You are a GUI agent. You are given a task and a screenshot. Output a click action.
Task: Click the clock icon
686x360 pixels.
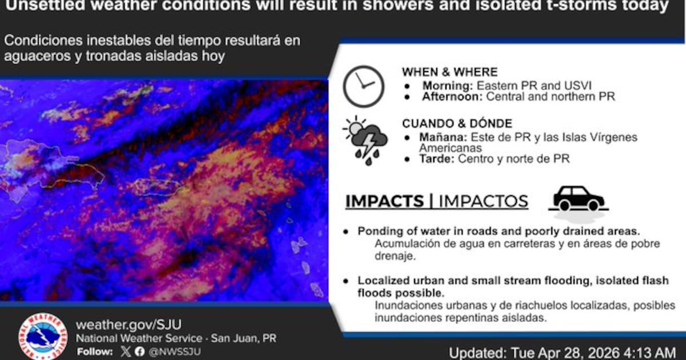point(364,86)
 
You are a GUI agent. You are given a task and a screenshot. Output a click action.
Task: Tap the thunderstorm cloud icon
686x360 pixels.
point(365,141)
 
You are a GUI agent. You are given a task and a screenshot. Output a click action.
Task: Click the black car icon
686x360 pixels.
point(579,199)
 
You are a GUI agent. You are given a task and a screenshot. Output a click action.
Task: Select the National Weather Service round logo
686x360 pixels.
point(42,337)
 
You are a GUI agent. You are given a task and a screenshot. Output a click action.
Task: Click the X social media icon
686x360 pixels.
point(126,351)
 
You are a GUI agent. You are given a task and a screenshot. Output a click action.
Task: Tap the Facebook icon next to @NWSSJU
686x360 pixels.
point(139,351)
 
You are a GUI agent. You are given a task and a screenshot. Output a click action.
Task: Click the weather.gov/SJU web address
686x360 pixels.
point(129,325)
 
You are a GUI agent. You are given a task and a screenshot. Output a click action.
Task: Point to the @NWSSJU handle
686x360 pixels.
point(174,352)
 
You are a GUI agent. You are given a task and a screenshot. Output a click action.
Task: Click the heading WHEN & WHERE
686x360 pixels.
point(450,72)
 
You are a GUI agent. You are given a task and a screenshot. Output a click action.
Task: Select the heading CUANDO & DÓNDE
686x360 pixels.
point(457,123)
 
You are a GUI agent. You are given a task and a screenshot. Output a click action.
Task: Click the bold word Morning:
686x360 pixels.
point(448,86)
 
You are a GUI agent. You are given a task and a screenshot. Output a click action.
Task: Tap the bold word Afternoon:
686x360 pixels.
point(452,97)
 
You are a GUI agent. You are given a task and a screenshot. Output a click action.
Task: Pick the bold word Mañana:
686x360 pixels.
point(443,137)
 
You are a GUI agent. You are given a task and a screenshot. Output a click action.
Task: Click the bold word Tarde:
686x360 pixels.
point(437,159)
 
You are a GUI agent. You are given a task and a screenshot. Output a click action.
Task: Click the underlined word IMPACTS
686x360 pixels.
point(385,201)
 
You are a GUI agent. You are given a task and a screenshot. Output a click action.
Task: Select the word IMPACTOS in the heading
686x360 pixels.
point(484,201)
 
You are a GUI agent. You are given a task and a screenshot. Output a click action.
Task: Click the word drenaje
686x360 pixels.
point(395,256)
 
